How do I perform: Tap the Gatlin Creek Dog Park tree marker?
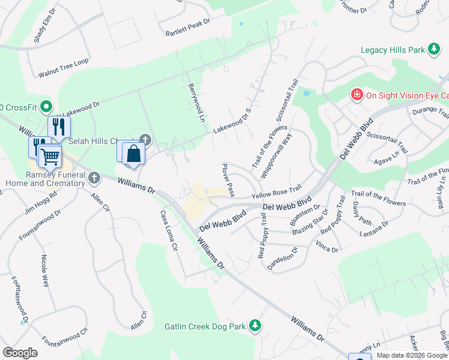255,326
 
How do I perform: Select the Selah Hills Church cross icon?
145,140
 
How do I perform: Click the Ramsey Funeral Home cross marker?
94,178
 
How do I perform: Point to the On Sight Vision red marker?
357,95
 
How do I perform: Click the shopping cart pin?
50,156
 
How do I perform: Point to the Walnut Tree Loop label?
64,68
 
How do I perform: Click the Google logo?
20,353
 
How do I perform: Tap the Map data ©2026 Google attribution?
412,355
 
